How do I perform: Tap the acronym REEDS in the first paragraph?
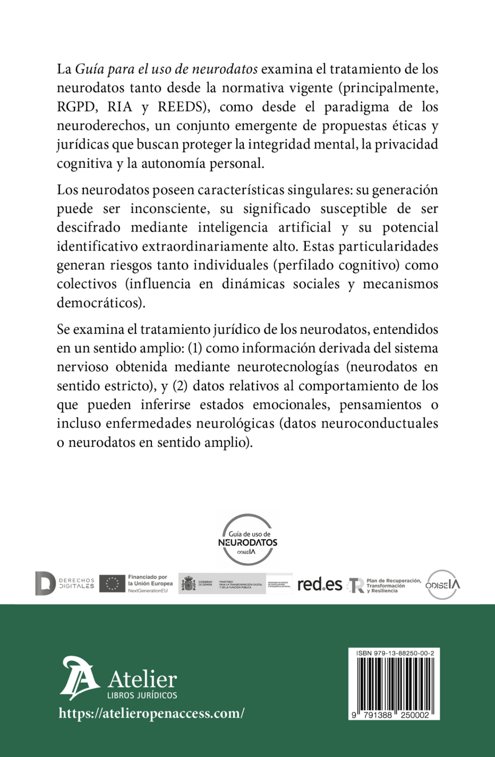[181, 107]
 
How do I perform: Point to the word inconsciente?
[169, 209]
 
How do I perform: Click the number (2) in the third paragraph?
[181, 386]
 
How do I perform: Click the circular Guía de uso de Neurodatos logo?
[247, 539]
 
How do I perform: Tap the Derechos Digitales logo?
[64, 583]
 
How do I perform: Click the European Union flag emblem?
[112, 583]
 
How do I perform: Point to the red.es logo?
[319, 584]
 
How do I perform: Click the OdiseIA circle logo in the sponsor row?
[442, 584]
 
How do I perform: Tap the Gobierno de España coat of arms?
[188, 584]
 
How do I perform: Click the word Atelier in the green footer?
[142, 679]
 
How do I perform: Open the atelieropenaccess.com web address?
[151, 713]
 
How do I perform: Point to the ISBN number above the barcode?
[395, 653]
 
